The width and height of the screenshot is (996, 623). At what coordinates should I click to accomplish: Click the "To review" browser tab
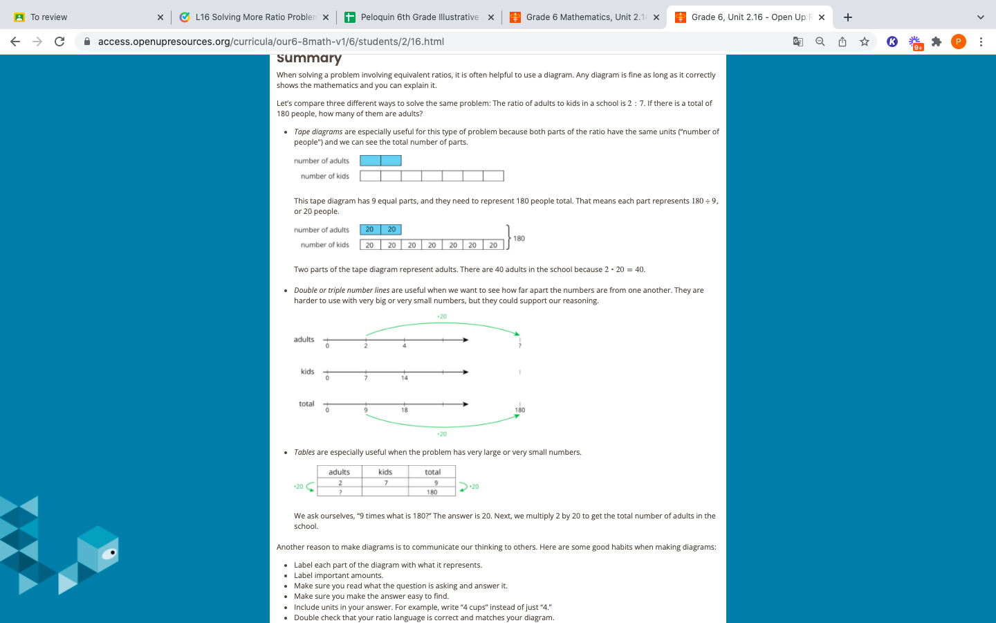[x=48, y=17]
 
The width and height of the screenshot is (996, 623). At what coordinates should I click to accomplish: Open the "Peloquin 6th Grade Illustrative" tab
[x=419, y=17]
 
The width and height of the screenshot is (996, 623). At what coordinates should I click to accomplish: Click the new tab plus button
[x=848, y=17]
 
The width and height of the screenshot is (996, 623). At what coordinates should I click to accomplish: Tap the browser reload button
[x=59, y=42]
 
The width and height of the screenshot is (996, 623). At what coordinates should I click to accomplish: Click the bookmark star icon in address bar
[x=865, y=42]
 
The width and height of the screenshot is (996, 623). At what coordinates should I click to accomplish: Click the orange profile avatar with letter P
[x=958, y=42]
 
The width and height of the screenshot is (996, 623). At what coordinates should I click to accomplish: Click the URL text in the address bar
[x=270, y=42]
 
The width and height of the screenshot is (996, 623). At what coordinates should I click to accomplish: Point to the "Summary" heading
[x=309, y=58]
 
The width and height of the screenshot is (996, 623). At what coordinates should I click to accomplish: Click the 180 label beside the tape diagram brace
[x=519, y=238]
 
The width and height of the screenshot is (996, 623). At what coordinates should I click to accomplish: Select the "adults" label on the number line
[x=304, y=339]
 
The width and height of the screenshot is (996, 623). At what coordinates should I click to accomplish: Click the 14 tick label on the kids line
[x=405, y=378]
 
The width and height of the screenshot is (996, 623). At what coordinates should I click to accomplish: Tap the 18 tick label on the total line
[x=405, y=410]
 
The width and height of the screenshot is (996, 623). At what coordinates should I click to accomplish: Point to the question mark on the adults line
[x=519, y=345]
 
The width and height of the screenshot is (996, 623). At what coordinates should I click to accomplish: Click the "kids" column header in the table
[x=385, y=472]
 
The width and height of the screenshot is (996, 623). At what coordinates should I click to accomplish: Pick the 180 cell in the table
[x=432, y=492]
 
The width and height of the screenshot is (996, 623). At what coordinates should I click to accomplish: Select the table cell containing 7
[x=386, y=482]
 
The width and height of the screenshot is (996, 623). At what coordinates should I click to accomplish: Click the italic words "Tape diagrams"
[x=318, y=132]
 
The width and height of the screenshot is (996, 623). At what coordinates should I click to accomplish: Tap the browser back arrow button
[x=15, y=42]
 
